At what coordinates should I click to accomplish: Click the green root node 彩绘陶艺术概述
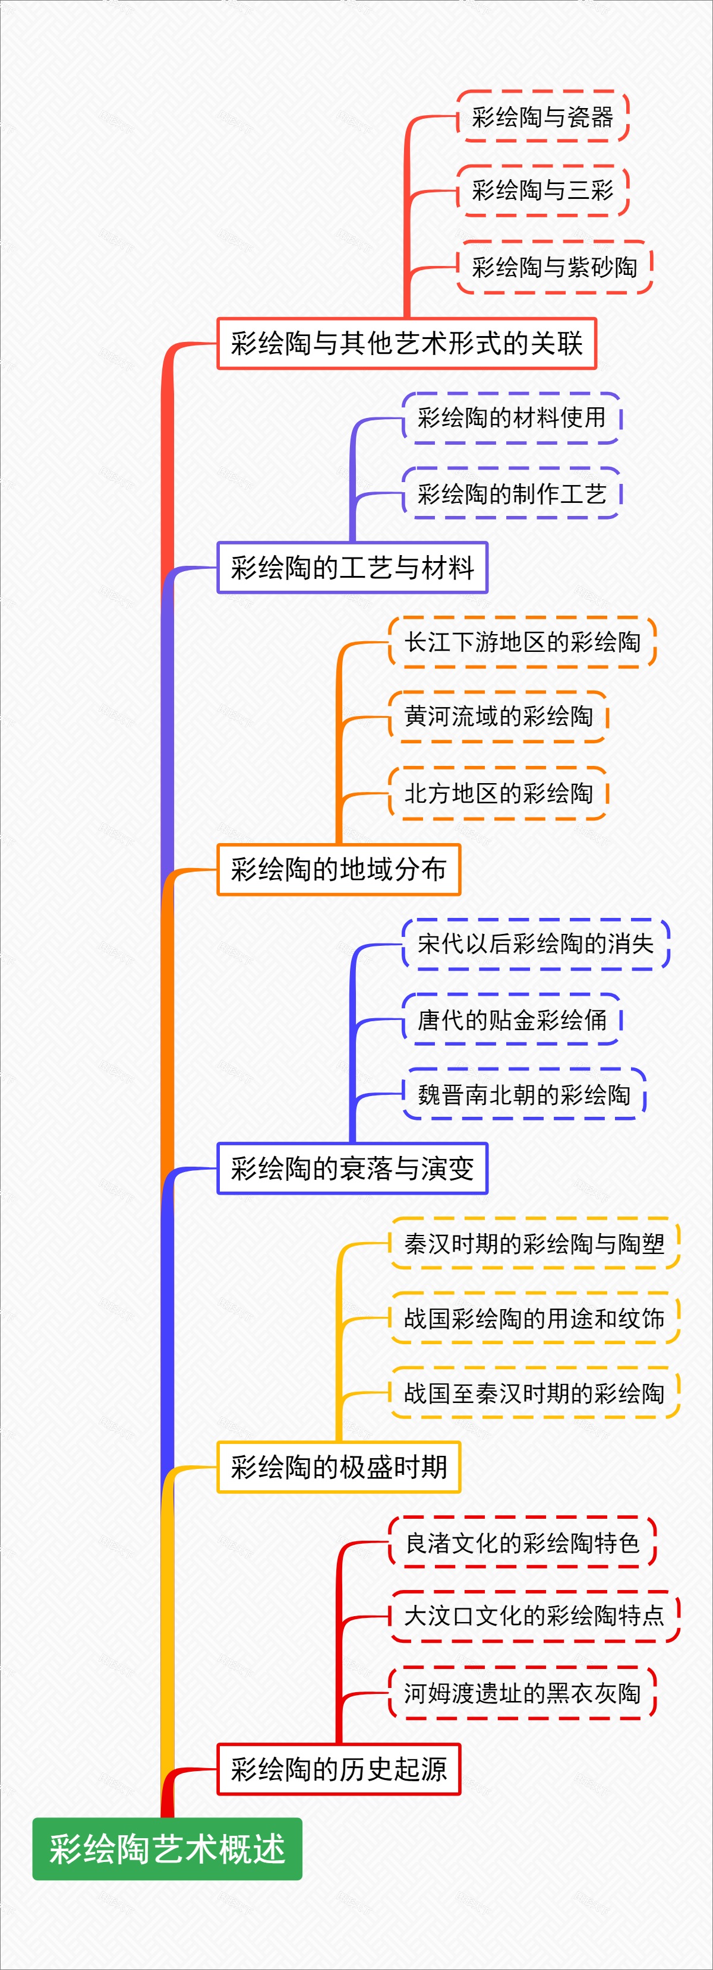pyautogui.click(x=167, y=1848)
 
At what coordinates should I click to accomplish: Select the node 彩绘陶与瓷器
pyautogui.click(x=542, y=116)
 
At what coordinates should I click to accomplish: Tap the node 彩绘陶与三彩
pyautogui.click(x=542, y=191)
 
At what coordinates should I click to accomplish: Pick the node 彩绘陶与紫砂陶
pyautogui.click(x=554, y=267)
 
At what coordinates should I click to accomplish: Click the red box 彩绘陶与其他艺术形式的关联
pyautogui.click(x=406, y=343)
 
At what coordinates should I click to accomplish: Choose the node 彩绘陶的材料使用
pyautogui.click(x=511, y=417)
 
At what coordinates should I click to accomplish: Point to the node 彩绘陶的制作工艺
pyautogui.click(x=511, y=493)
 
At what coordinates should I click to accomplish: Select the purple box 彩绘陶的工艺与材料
pyautogui.click(x=352, y=568)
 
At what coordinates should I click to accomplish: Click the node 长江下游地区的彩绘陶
pyautogui.click(x=522, y=642)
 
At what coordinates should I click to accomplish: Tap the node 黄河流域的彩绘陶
pyautogui.click(x=498, y=717)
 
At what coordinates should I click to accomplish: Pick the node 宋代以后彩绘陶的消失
pyautogui.click(x=535, y=943)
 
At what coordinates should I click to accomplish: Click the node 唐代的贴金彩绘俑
pyautogui.click(x=511, y=1019)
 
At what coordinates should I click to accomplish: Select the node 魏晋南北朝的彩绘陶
pyautogui.click(x=524, y=1094)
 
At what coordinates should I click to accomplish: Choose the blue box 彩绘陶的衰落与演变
pyautogui.click(x=352, y=1168)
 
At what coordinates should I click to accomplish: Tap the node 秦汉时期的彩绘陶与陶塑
pyautogui.click(x=534, y=1243)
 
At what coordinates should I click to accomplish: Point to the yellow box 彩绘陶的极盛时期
pyautogui.click(x=338, y=1467)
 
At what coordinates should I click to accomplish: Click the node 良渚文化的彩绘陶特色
pyautogui.click(x=522, y=1543)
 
